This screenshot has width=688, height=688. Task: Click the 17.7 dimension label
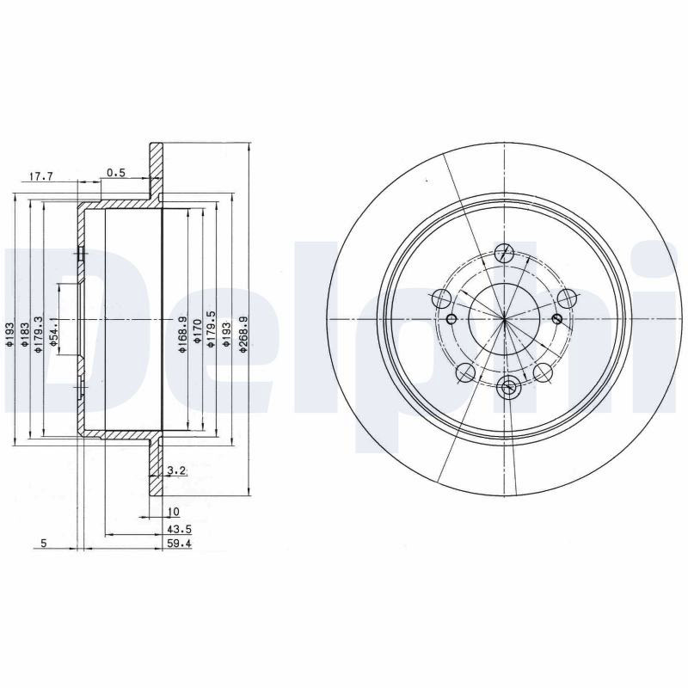coord(40,177)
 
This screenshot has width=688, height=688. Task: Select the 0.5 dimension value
coord(116,173)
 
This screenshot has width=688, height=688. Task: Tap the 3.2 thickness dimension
coord(178,471)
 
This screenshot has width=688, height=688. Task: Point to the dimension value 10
coord(174,512)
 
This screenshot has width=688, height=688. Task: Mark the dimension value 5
coord(44,544)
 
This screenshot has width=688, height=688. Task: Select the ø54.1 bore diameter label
coord(53,333)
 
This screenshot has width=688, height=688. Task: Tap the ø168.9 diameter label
coord(183,335)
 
